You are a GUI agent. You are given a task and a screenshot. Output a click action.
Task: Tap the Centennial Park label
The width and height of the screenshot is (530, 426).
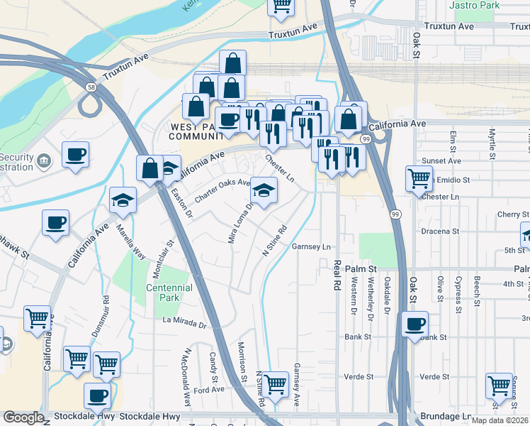pos(169,293)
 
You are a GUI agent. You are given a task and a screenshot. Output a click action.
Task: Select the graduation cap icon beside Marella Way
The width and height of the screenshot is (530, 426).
pos(123,202)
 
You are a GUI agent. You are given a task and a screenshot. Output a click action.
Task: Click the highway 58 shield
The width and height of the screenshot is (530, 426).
pos(92,87)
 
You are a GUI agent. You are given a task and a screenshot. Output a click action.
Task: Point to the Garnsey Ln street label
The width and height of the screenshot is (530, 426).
pos(312,247)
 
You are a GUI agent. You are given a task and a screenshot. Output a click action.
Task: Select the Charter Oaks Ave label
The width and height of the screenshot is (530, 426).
pos(223,192)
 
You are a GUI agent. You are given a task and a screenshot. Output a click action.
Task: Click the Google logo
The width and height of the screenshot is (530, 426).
pos(23,417)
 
